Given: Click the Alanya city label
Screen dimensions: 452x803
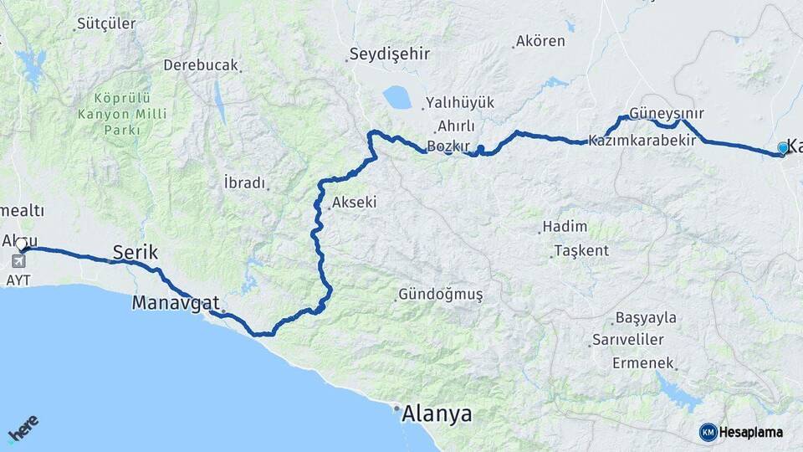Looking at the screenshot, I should pyautogui.click(x=437, y=413).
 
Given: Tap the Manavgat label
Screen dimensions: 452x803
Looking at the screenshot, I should pyautogui.click(x=176, y=303).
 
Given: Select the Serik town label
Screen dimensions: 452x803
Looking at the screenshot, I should pyautogui.click(x=136, y=252).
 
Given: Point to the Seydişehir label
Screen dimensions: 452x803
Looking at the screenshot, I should pyautogui.click(x=389, y=54).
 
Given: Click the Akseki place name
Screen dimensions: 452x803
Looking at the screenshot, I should pyautogui.click(x=354, y=202).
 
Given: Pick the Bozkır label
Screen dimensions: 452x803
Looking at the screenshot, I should pyautogui.click(x=445, y=146).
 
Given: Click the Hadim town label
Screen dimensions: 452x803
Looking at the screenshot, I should pyautogui.click(x=565, y=227).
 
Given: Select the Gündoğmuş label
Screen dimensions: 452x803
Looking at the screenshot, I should pyautogui.click(x=441, y=295).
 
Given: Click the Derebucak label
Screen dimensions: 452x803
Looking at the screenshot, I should pyautogui.click(x=201, y=64).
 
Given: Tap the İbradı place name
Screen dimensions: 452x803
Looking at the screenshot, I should pyautogui.click(x=244, y=182).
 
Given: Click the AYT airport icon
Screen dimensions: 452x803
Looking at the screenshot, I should pyautogui.click(x=18, y=262).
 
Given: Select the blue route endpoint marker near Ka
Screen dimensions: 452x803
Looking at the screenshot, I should pyautogui.click(x=783, y=147).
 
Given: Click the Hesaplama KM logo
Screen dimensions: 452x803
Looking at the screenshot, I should pyautogui.click(x=708, y=432).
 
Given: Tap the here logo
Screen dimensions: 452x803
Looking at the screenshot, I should pyautogui.click(x=23, y=430).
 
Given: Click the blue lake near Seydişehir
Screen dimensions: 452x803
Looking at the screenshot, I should pyautogui.click(x=397, y=97).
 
